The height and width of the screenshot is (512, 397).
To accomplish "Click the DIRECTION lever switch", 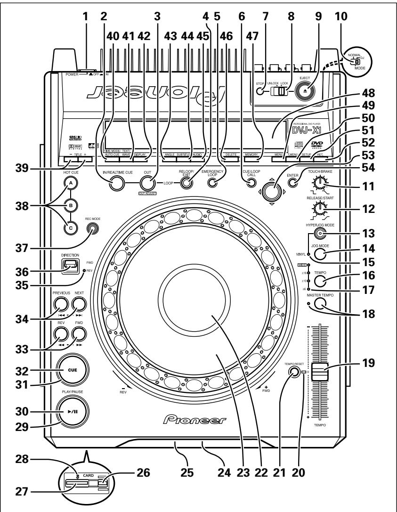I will (70, 268).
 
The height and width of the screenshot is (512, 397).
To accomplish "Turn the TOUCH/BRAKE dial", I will (321, 182).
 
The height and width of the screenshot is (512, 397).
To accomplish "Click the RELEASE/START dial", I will (321, 206).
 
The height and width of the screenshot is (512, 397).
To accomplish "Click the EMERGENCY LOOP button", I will (216, 183).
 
